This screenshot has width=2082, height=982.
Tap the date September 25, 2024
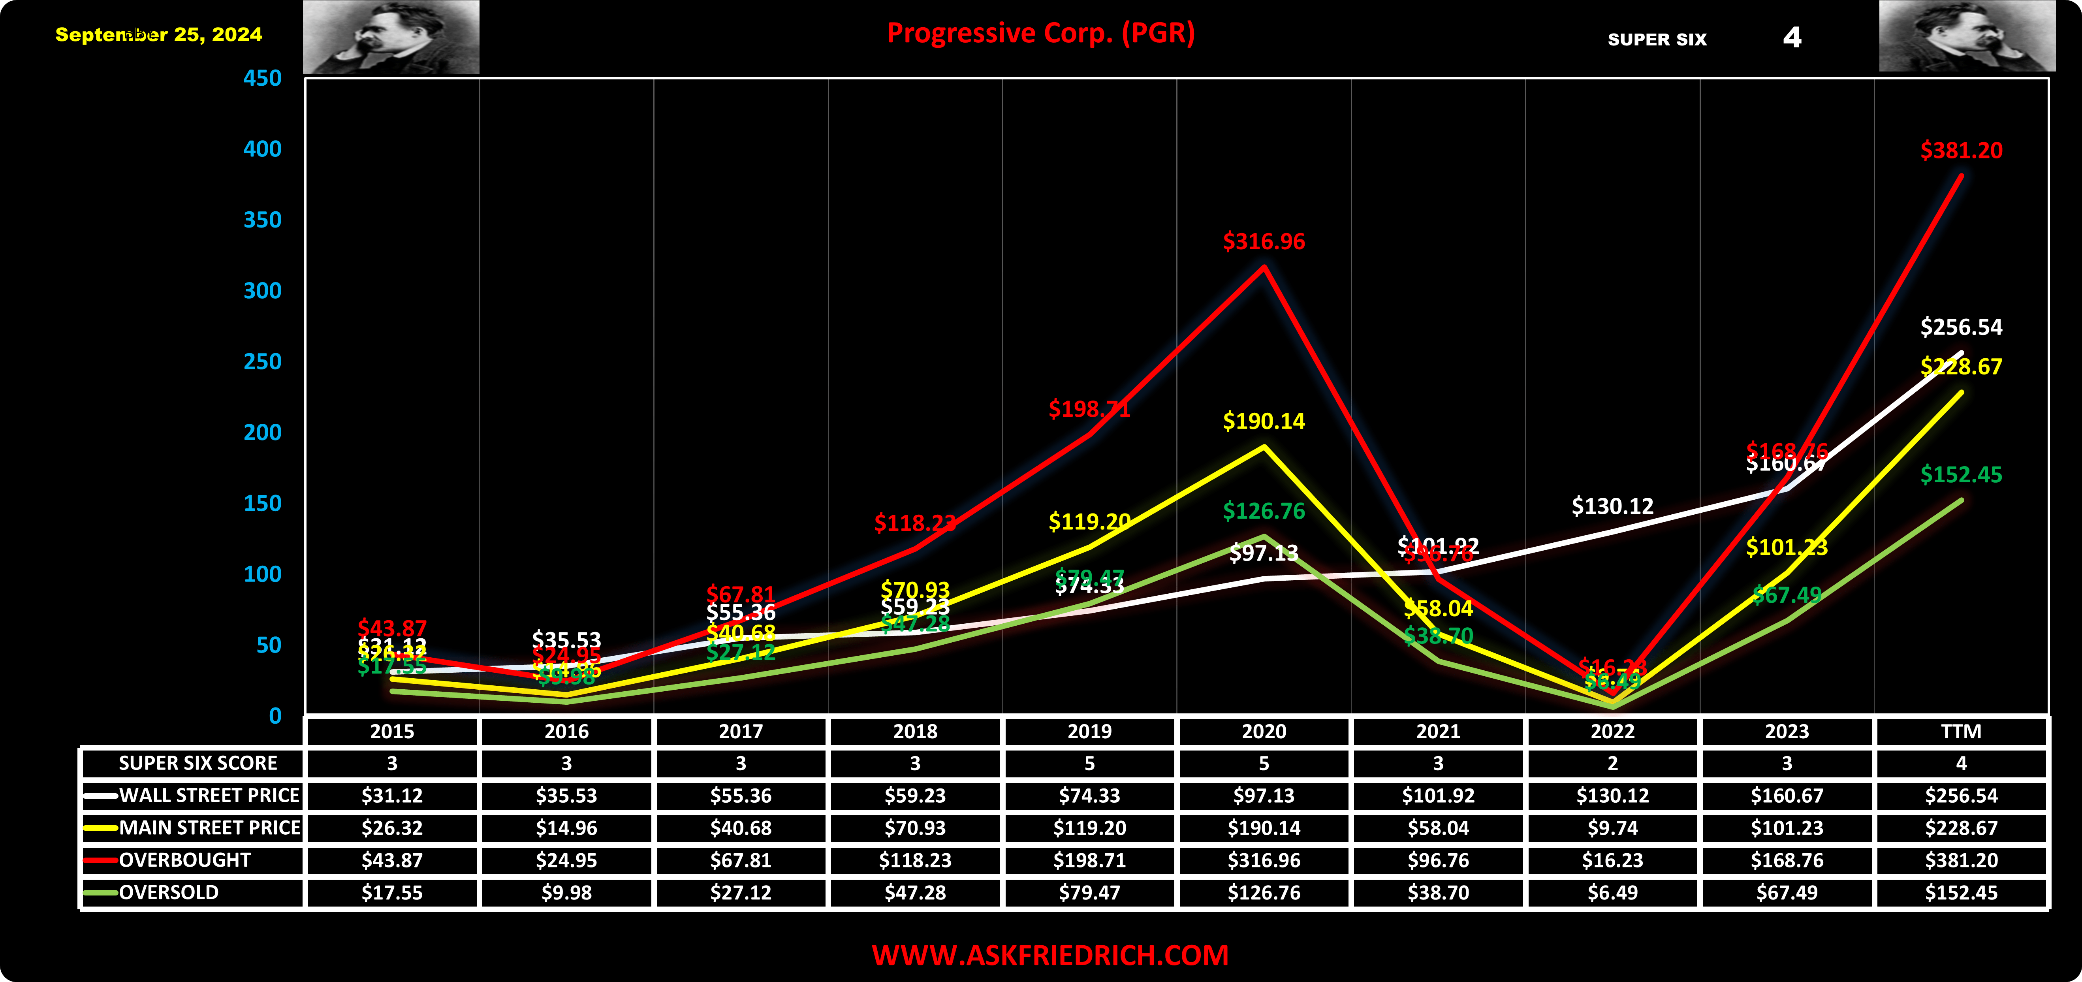click(158, 35)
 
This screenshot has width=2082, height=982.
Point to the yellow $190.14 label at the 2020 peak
click(1263, 421)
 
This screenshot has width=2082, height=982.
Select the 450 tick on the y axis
click(263, 78)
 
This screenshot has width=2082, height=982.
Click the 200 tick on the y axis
click(263, 433)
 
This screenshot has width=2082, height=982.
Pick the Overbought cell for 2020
click(1263, 860)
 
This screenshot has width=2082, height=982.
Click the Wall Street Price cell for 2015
click(392, 795)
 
